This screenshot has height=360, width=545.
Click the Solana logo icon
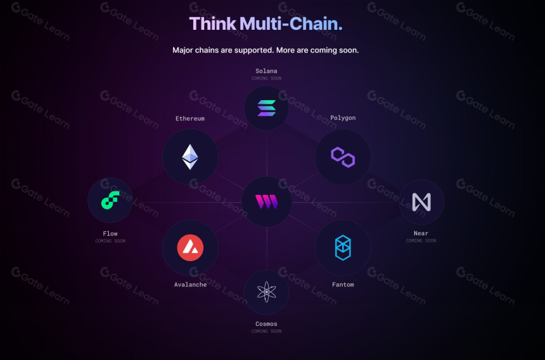point(267,108)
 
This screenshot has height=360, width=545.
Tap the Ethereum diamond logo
point(190,157)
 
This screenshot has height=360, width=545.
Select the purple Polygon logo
point(343,157)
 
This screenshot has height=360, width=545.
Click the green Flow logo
point(110,200)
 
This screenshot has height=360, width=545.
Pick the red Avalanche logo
point(190,248)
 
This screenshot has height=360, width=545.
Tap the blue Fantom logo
point(343,248)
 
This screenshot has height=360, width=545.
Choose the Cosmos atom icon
point(267,292)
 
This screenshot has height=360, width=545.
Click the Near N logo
point(421,202)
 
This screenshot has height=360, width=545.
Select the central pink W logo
point(267,202)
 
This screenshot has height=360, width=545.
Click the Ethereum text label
point(190,119)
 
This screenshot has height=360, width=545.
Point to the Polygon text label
point(343,118)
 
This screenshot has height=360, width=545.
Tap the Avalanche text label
point(190,285)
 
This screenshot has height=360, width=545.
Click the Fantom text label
point(343,285)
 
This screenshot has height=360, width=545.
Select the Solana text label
point(266,71)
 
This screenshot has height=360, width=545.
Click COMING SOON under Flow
point(110,241)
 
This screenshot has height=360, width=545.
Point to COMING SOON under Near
point(421,240)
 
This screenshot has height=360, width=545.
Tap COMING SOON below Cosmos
point(266,331)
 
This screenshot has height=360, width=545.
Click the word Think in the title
point(213,24)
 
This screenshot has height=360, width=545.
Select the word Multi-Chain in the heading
point(292,24)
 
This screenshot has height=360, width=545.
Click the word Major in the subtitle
point(183,50)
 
